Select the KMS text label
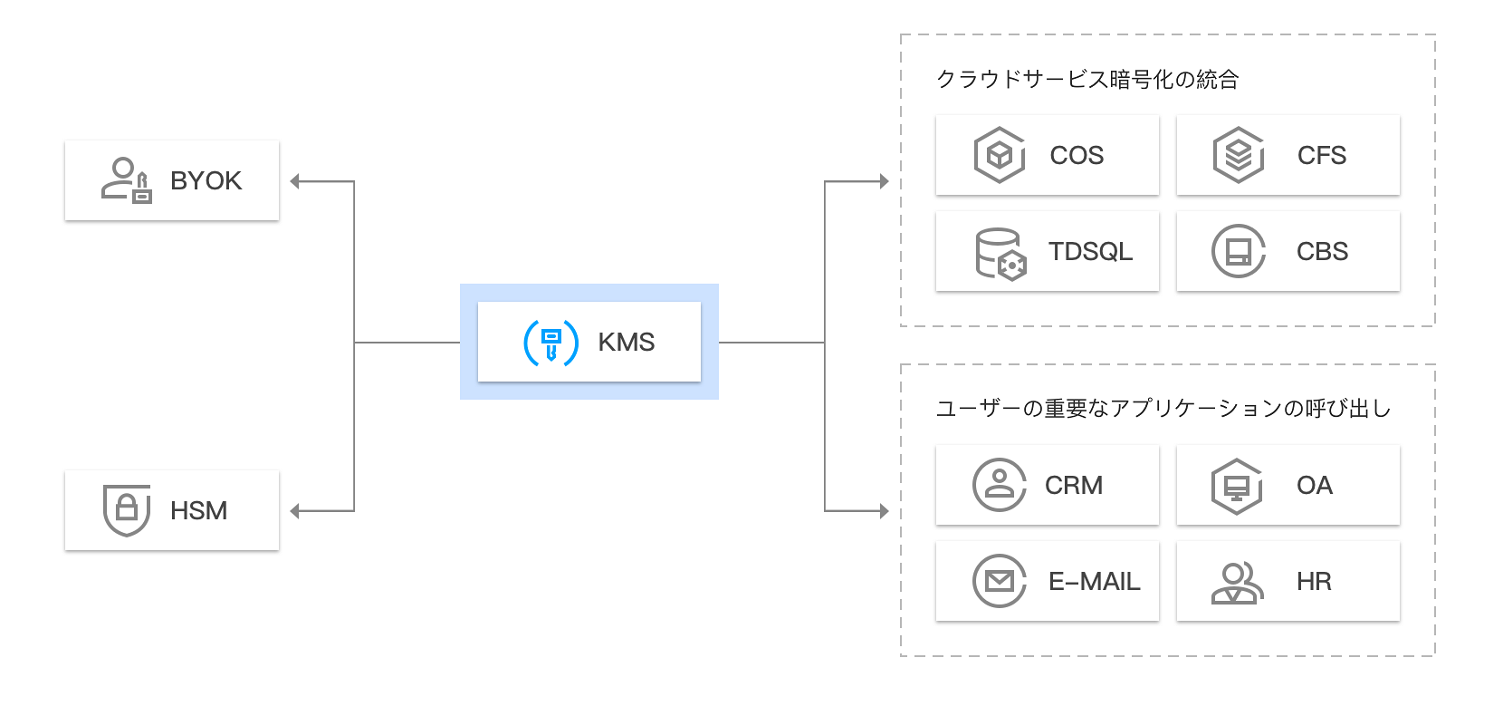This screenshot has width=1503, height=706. pyautogui.click(x=626, y=343)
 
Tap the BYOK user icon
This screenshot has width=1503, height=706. pyautogui.click(x=126, y=180)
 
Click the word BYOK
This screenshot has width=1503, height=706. pyautogui.click(x=206, y=181)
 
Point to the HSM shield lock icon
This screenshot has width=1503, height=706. pyautogui.click(x=127, y=510)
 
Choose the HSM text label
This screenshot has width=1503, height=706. pyautogui.click(x=198, y=511)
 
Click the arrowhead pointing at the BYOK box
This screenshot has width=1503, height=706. pyautogui.click(x=295, y=181)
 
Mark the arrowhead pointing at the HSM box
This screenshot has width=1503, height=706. pyautogui.click(x=295, y=511)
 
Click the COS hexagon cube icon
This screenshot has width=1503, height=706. pyautogui.click(x=999, y=155)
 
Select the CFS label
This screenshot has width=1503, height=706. pyautogui.click(x=1321, y=156)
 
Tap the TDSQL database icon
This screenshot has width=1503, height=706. pyautogui.click(x=1000, y=253)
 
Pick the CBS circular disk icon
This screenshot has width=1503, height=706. pyautogui.click(x=1238, y=251)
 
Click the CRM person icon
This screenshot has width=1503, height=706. pyautogui.click(x=999, y=485)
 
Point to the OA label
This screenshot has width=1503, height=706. pyautogui.click(x=1314, y=486)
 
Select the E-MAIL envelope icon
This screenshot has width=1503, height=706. pyautogui.click(x=999, y=581)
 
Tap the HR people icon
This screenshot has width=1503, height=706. pyautogui.click(x=1237, y=583)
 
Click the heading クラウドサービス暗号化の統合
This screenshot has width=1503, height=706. pyautogui.click(x=1087, y=80)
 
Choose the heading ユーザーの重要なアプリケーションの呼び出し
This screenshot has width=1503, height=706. pyautogui.click(x=1163, y=409)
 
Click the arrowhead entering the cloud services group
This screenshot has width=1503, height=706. pyautogui.click(x=884, y=181)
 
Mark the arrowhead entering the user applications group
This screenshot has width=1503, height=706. pyautogui.click(x=884, y=511)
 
